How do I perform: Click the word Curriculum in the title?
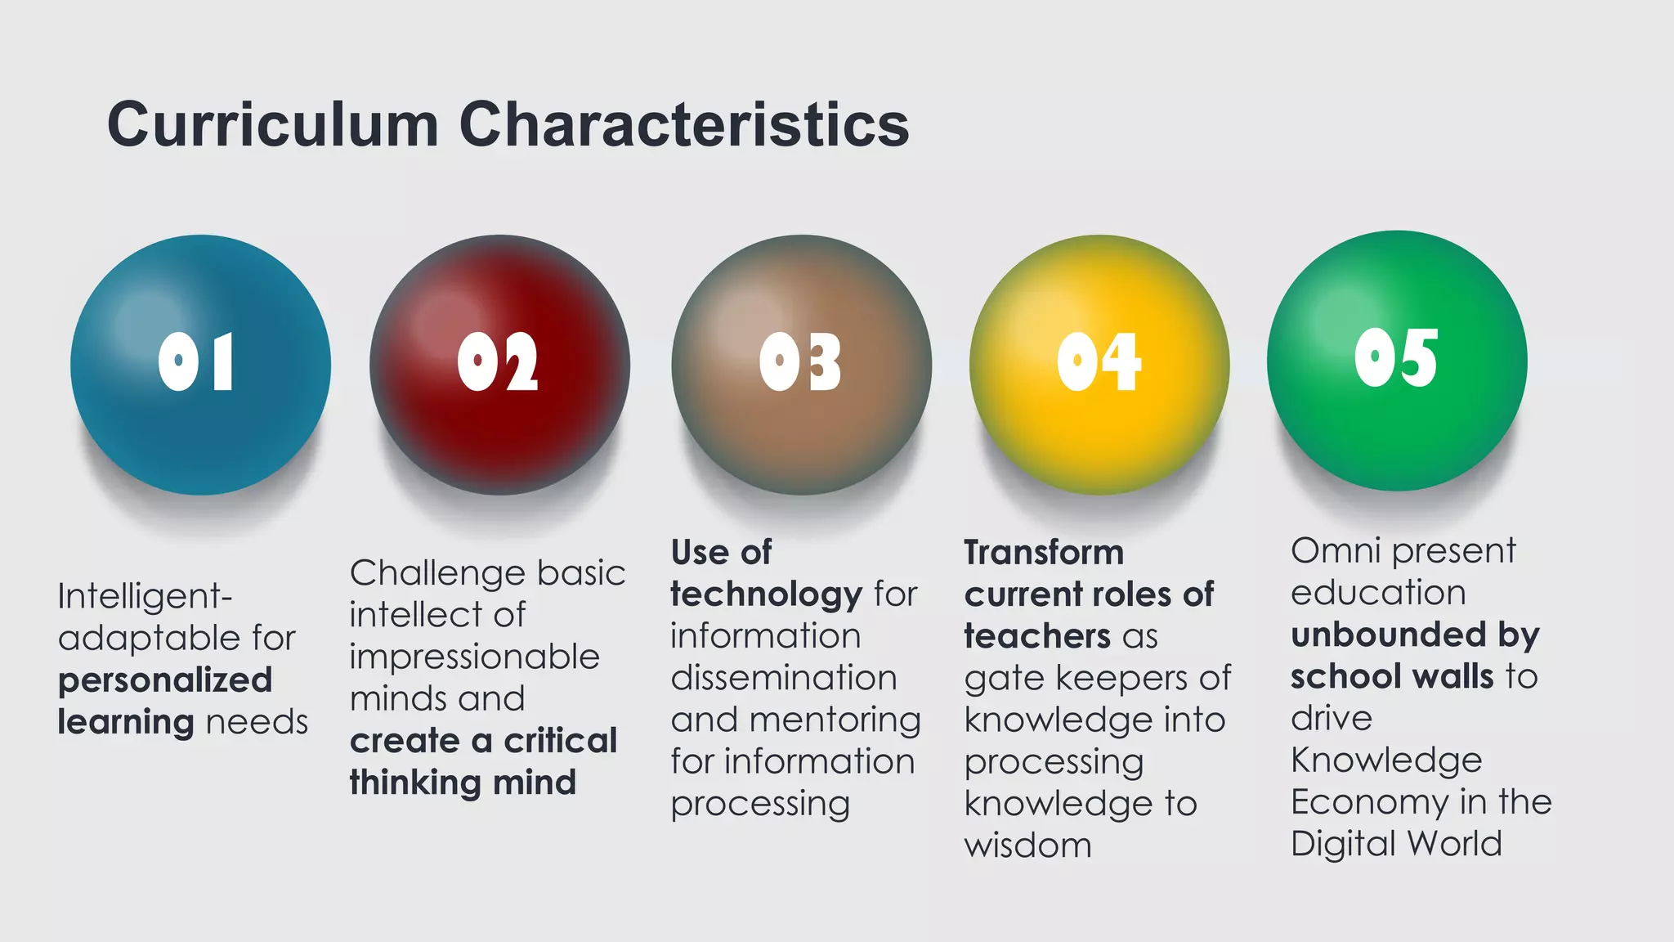273,125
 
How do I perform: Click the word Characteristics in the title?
684,125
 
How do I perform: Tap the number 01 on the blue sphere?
196,361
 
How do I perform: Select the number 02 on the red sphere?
498,362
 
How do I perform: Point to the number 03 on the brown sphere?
799,362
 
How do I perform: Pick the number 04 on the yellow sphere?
1099,362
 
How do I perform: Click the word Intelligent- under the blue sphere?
145,596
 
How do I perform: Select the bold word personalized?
165,680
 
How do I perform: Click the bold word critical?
560,741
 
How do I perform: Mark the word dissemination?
783,678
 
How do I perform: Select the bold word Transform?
1044,553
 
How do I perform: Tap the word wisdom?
1027,846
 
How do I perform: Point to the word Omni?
1336,551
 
